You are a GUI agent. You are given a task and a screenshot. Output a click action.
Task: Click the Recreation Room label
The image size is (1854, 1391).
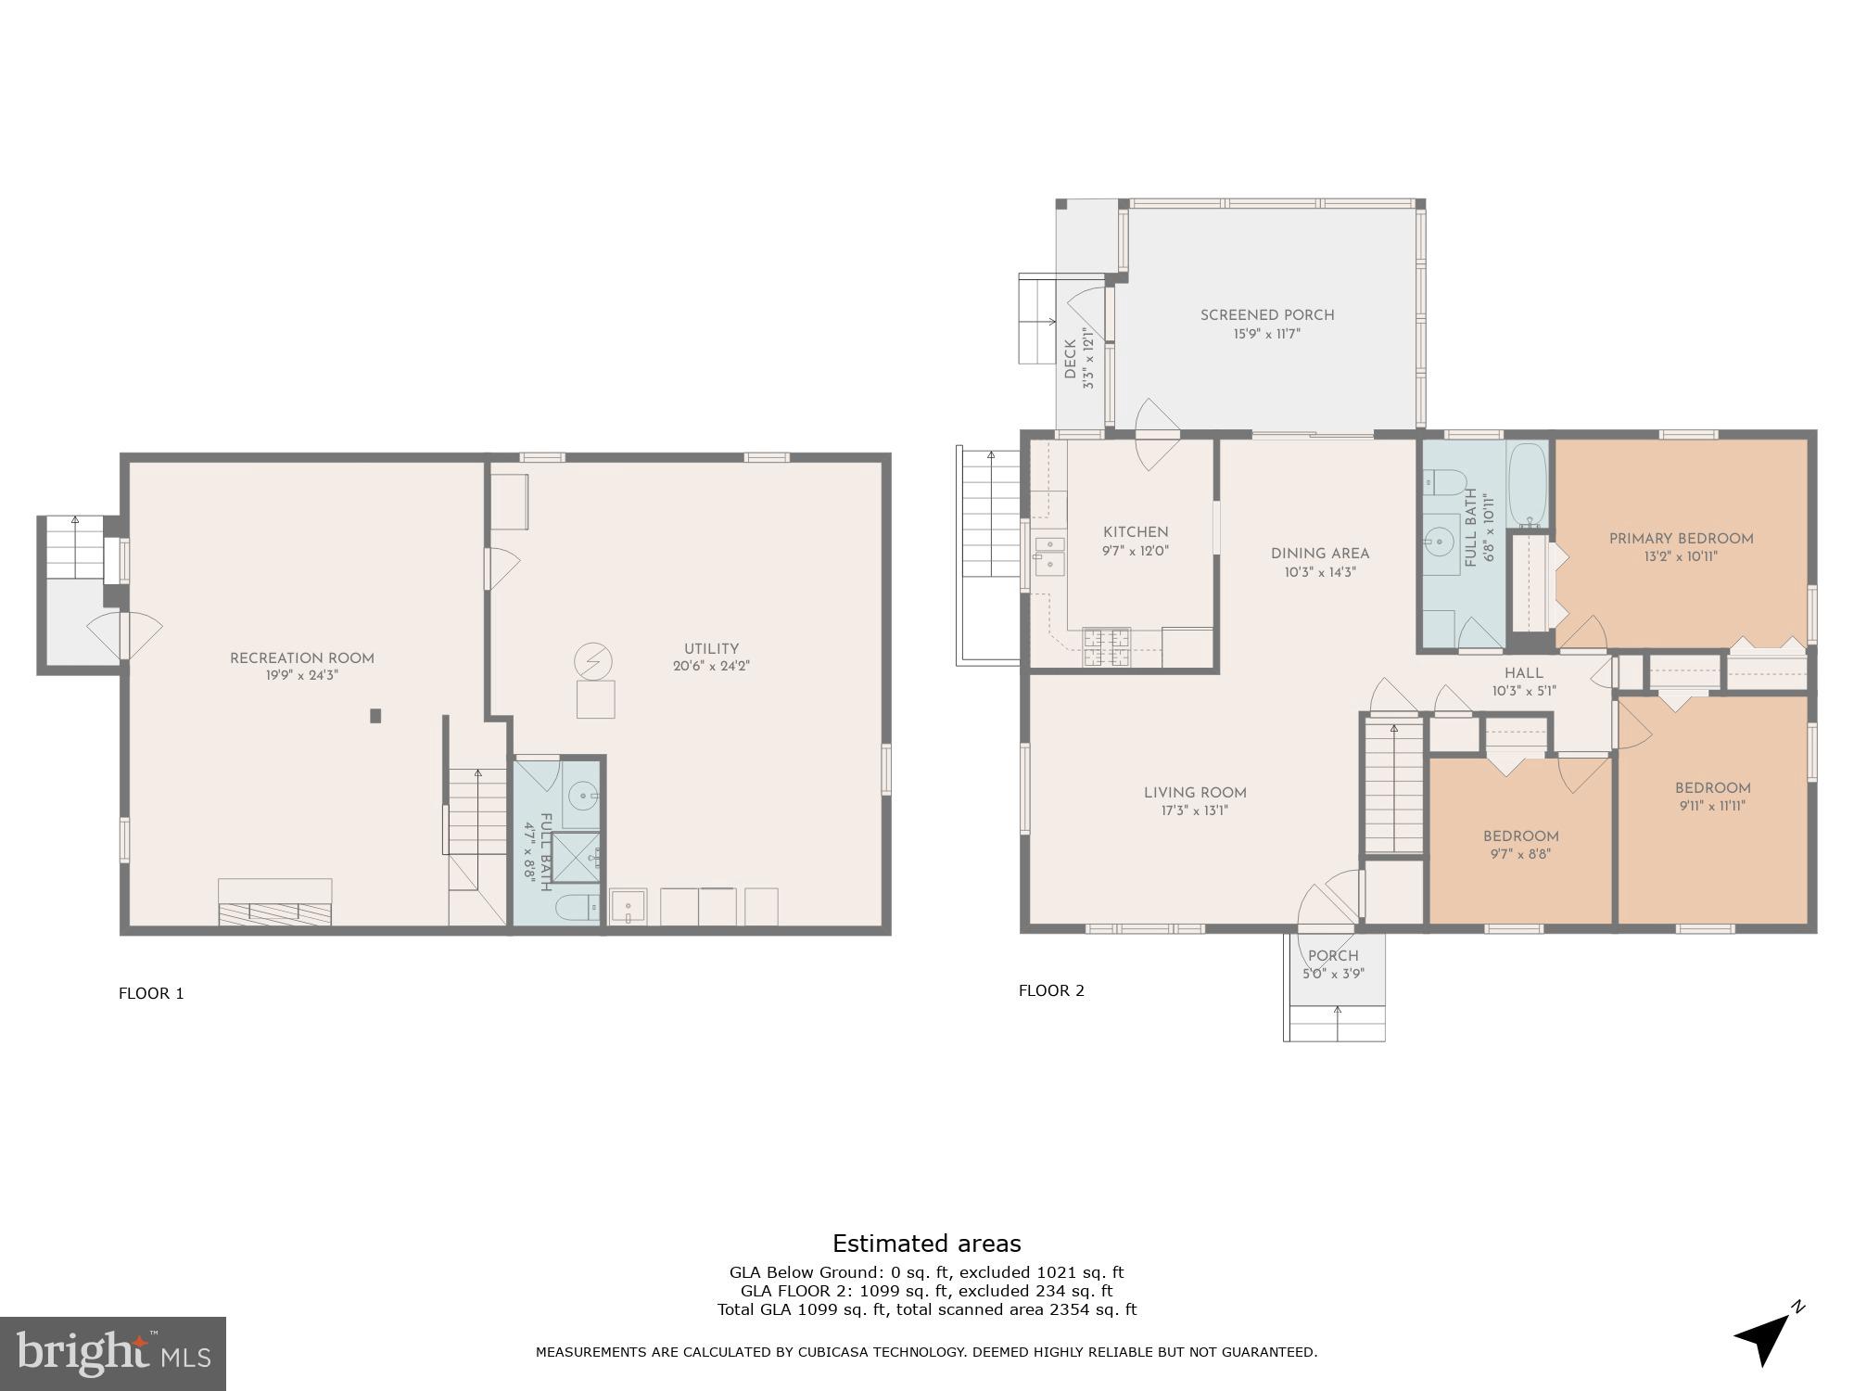click(x=302, y=658)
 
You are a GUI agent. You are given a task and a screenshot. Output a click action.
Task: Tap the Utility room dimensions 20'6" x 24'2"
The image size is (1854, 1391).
click(x=711, y=666)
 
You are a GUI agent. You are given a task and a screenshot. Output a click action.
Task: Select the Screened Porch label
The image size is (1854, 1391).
click(x=1267, y=315)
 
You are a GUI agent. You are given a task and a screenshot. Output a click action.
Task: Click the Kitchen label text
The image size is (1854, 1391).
click(x=1136, y=532)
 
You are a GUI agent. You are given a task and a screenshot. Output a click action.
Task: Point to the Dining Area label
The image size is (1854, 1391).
click(x=1320, y=554)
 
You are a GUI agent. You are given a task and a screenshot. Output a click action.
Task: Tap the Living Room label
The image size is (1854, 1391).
click(x=1195, y=793)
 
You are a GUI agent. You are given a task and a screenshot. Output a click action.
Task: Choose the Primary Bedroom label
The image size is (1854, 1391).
click(x=1681, y=539)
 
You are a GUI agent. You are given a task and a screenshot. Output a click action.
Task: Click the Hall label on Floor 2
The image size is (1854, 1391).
click(x=1524, y=673)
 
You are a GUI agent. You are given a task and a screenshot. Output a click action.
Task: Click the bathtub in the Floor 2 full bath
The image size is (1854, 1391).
click(x=1528, y=483)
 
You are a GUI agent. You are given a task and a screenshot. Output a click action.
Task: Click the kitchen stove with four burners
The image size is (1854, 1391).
click(x=1107, y=647)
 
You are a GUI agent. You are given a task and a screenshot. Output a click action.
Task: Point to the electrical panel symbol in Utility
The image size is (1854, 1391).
click(x=592, y=661)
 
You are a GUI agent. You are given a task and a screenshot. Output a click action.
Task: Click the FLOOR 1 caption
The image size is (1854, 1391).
click(x=151, y=994)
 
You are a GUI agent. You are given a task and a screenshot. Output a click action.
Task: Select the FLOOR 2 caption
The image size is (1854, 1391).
click(x=1051, y=990)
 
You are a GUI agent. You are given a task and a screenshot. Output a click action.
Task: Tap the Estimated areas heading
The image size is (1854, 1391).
click(x=926, y=1244)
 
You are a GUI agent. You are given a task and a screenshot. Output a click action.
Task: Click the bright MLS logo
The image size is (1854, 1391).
click(x=113, y=1354)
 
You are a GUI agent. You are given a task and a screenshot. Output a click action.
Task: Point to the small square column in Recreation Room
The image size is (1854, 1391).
click(x=375, y=715)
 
